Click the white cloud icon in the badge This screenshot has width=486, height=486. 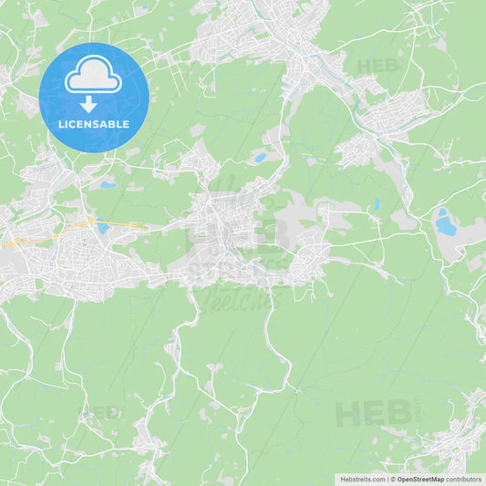pos(93,75)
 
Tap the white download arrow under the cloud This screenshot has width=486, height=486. pos(88,104)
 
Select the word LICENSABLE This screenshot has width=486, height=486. pos(93,124)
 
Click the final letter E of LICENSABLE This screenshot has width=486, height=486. pos(126,124)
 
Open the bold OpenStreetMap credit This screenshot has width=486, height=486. pos(420,479)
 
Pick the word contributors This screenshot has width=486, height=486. pos(464,479)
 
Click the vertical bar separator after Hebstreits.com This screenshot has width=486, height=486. pos(387,479)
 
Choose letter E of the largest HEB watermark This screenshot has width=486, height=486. pos(373,414)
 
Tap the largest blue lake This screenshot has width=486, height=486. pos(445,223)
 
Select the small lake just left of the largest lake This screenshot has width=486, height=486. pos(376,205)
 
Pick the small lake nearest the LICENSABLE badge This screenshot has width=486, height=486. pos(108,185)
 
